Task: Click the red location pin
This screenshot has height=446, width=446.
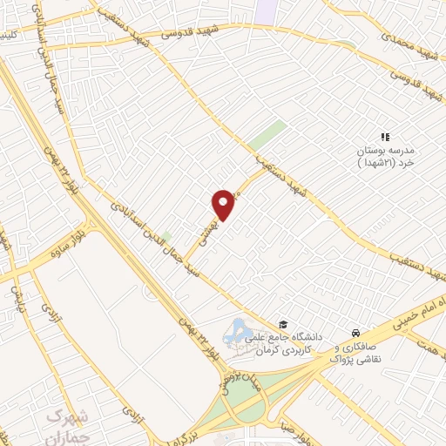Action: tap(224, 204)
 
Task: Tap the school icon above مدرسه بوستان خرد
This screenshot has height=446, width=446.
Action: tap(385, 137)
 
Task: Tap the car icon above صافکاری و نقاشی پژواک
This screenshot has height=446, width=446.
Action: tap(355, 334)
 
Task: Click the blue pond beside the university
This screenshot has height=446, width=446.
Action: tap(235, 330)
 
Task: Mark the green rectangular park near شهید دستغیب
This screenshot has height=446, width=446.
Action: tap(267, 136)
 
